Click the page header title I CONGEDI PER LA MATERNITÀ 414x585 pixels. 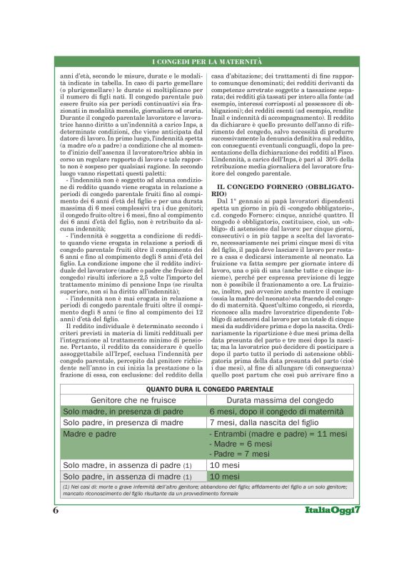tap(207, 63)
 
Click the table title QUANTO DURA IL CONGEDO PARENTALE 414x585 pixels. tap(207, 389)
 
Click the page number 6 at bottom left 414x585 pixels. tap(56, 511)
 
